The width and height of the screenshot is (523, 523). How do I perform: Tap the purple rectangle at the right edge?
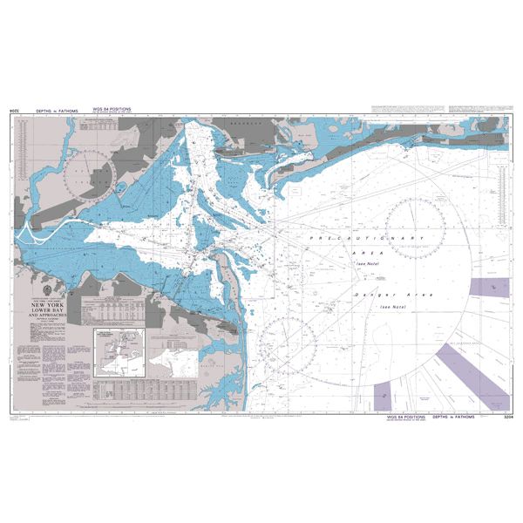(488, 289)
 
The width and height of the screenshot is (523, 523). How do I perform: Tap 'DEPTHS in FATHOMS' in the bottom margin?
(452, 418)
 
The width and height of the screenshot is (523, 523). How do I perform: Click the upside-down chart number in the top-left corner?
(15, 111)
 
